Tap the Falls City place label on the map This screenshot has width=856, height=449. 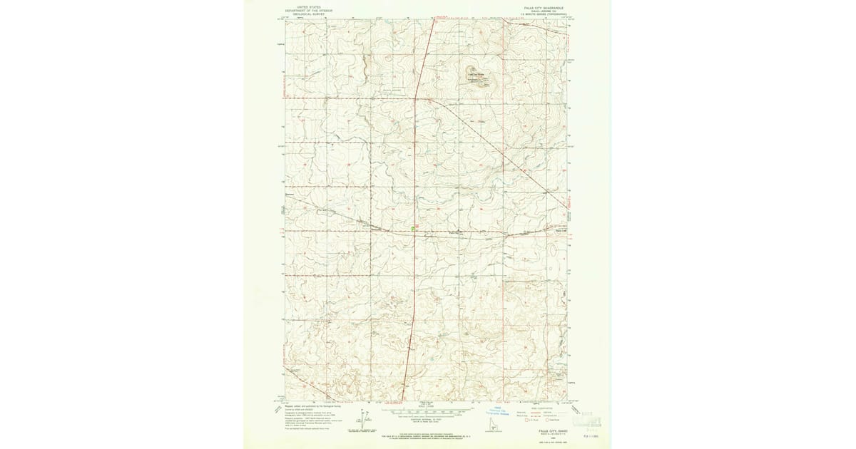pos(456,231)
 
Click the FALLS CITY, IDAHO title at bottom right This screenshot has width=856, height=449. pos(547,430)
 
